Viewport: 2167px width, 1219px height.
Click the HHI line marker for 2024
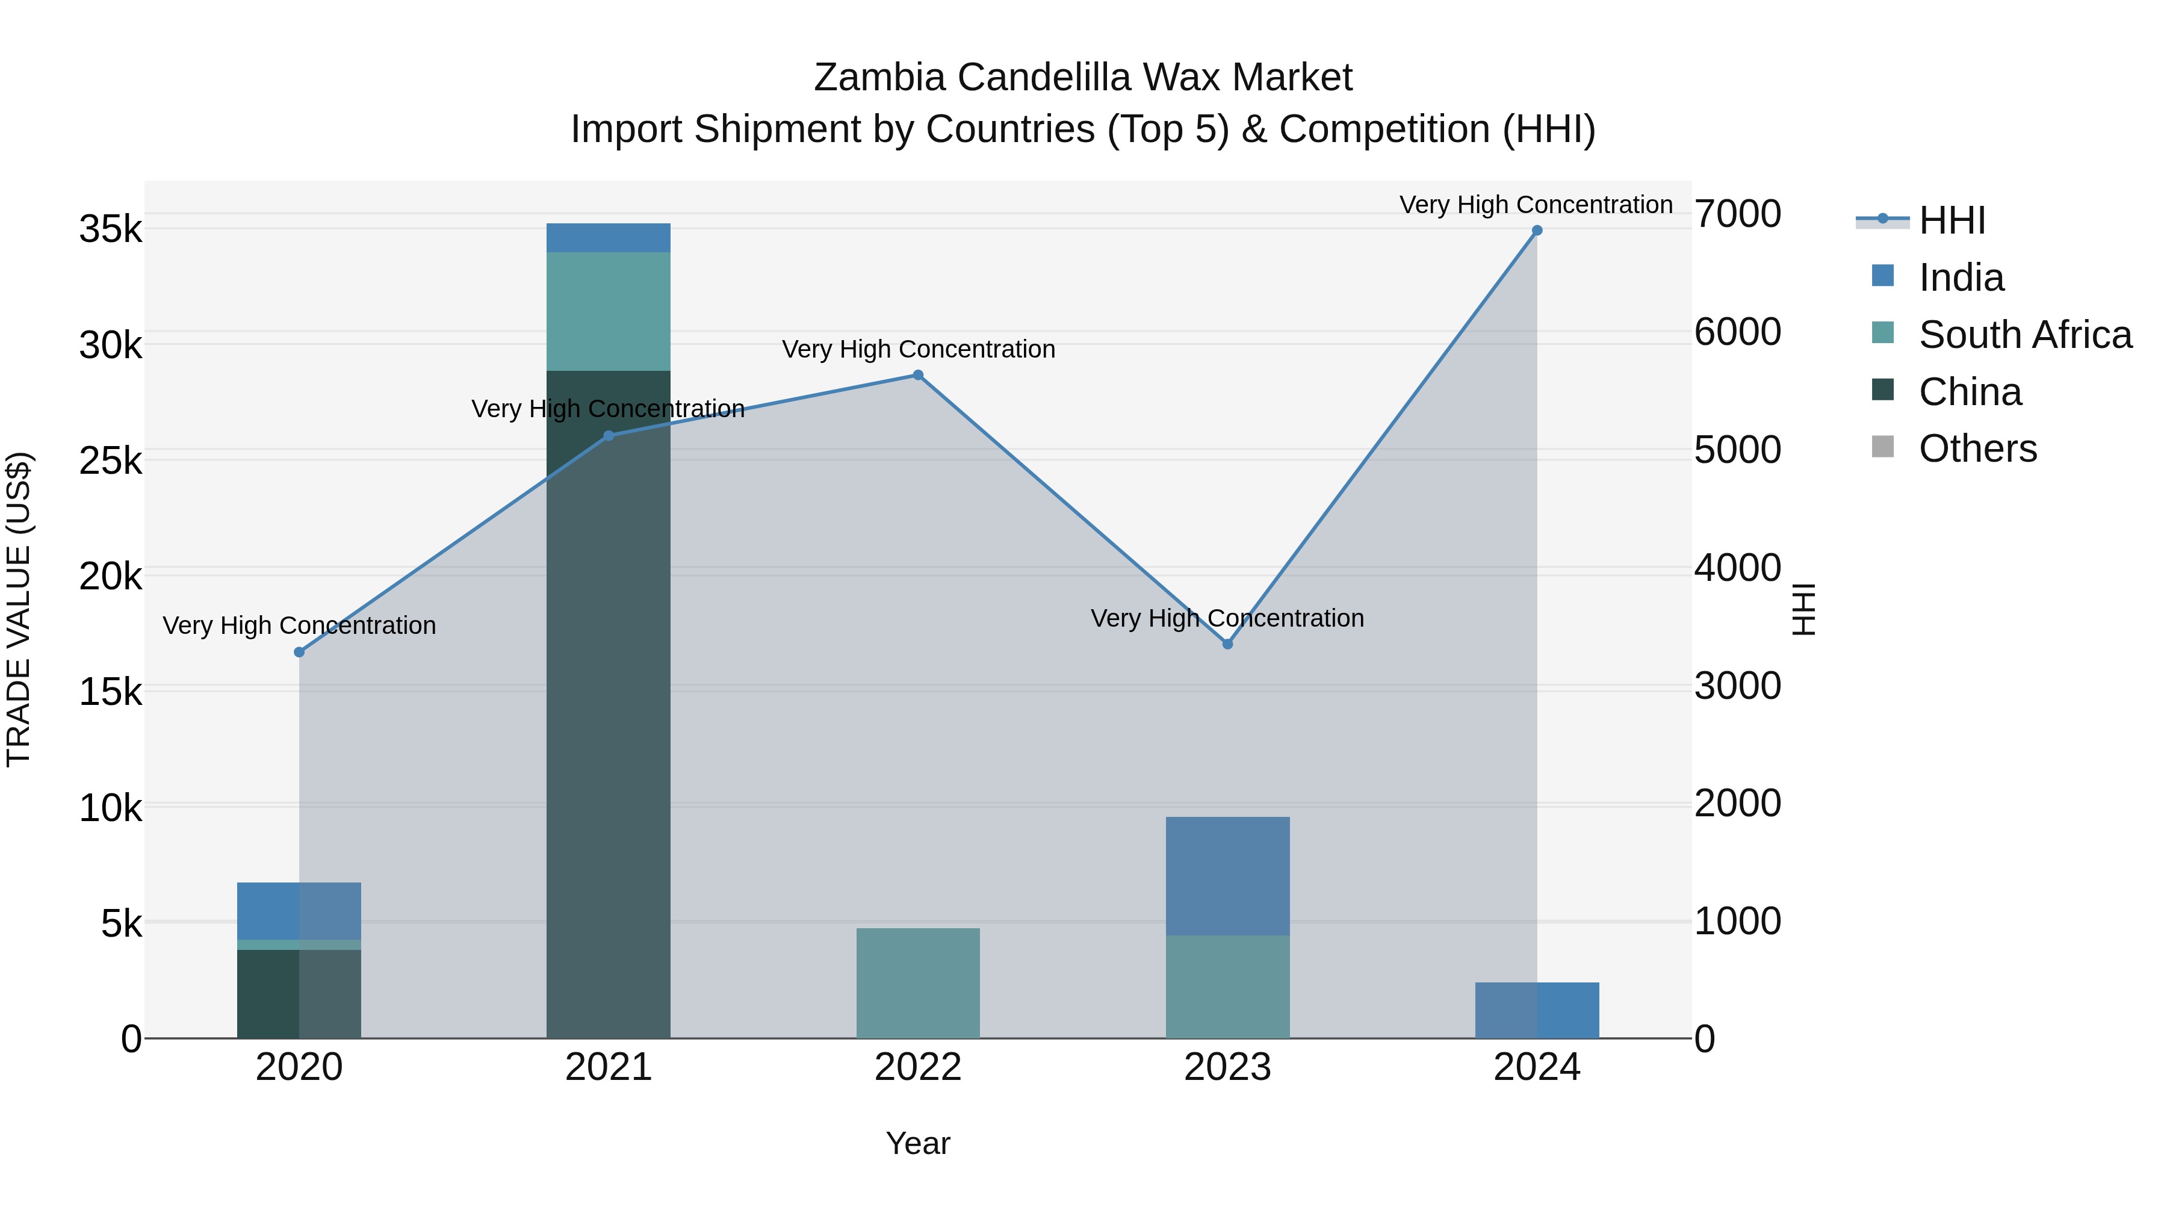point(1537,231)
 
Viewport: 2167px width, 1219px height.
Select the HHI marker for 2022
point(918,375)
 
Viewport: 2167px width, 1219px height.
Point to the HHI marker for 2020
point(300,652)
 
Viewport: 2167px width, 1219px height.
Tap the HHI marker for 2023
point(1227,644)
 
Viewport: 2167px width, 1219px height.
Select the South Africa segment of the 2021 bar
point(608,311)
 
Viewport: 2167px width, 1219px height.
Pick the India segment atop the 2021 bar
point(608,238)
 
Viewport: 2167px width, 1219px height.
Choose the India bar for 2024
point(1537,1010)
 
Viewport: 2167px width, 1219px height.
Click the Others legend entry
point(1977,448)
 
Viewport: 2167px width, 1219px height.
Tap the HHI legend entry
point(1952,220)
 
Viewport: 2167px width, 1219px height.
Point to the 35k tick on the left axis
point(110,229)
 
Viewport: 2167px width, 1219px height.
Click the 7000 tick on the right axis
point(1737,214)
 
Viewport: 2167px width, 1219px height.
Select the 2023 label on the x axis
point(1227,1067)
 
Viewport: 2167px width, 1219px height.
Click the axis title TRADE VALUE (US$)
point(19,609)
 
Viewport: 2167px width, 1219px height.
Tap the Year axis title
point(918,1143)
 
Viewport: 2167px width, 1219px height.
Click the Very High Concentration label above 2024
point(1536,205)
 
